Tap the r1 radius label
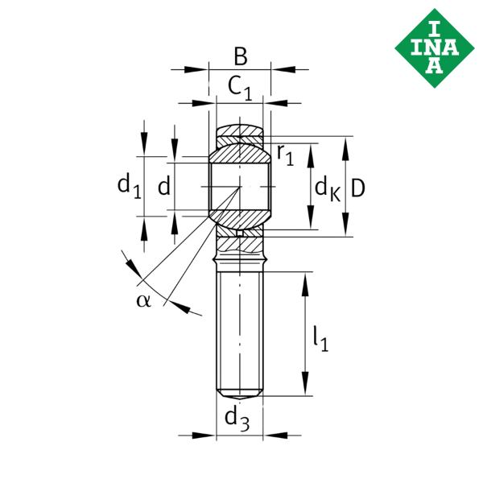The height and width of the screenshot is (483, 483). click(285, 154)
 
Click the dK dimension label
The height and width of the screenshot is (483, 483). click(326, 189)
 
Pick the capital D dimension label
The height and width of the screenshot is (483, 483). click(358, 188)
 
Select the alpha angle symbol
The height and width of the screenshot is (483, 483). click(143, 300)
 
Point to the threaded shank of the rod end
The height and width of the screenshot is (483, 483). click(240, 330)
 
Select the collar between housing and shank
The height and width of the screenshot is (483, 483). click(240, 259)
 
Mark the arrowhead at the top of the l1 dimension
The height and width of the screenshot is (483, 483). click(306, 281)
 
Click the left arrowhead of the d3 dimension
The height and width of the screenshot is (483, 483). click(208, 436)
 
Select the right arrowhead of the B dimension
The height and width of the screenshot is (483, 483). click(279, 70)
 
